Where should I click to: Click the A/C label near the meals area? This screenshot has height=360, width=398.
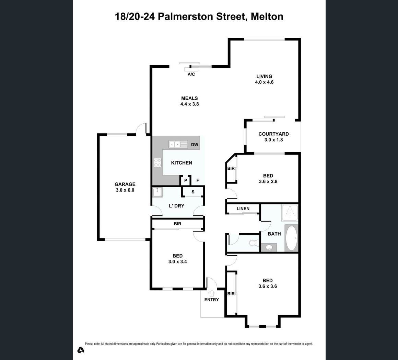point(191,74)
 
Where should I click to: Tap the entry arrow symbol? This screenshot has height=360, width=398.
point(211,294)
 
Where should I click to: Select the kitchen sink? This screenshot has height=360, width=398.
point(178,144)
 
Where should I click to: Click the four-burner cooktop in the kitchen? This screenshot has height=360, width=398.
point(157,162)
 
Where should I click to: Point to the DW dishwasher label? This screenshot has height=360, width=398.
point(195,145)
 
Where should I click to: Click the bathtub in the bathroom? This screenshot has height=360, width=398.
point(291,238)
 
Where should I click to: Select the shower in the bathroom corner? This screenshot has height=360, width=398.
point(289,212)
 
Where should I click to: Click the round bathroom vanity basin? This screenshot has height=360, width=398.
point(269,247)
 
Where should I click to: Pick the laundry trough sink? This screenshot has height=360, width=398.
point(157,192)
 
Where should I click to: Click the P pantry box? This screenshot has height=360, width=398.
point(186,180)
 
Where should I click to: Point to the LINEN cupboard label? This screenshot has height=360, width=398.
point(243,209)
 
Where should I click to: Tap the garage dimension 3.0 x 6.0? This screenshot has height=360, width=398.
point(125,190)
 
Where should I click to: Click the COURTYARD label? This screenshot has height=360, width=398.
point(274,134)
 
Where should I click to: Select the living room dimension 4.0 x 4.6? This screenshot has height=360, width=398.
point(264,82)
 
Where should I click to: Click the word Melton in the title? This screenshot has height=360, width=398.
point(267,16)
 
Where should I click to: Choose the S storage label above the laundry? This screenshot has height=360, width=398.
point(193,192)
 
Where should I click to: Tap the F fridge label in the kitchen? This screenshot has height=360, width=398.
point(198,180)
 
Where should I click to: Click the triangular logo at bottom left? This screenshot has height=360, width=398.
point(81,350)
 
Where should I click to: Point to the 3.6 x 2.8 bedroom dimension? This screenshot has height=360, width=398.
point(268,181)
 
